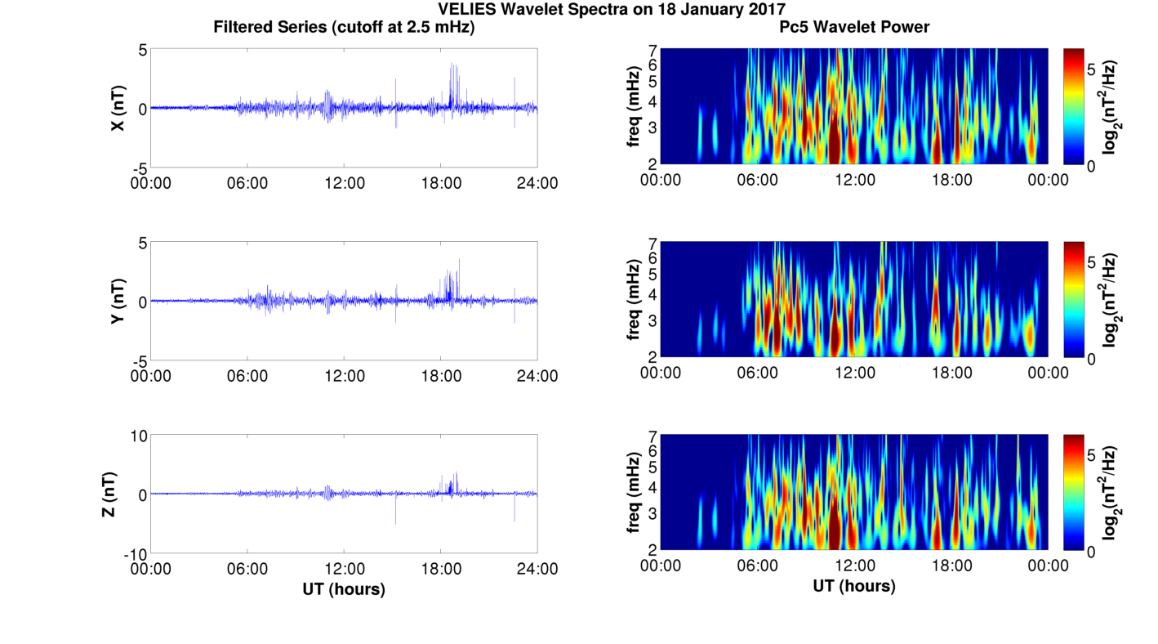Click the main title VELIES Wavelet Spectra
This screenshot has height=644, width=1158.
click(x=611, y=10)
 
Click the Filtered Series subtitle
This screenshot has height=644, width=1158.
click(x=344, y=27)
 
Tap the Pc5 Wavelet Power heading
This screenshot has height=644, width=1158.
click(x=854, y=27)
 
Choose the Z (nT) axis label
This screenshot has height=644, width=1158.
click(x=108, y=494)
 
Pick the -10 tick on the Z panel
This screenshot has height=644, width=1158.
click(x=135, y=554)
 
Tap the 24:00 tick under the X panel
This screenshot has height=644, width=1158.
click(x=537, y=183)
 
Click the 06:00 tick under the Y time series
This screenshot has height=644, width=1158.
click(x=247, y=376)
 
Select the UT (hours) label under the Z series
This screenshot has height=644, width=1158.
click(x=344, y=588)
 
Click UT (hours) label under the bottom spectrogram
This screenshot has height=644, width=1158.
click(x=854, y=586)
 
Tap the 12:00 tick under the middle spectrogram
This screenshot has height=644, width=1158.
click(x=854, y=373)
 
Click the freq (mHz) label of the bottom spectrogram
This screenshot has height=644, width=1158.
click(x=634, y=493)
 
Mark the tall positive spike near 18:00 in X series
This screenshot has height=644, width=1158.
click(x=452, y=65)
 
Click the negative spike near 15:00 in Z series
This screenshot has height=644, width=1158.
click(x=396, y=521)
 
